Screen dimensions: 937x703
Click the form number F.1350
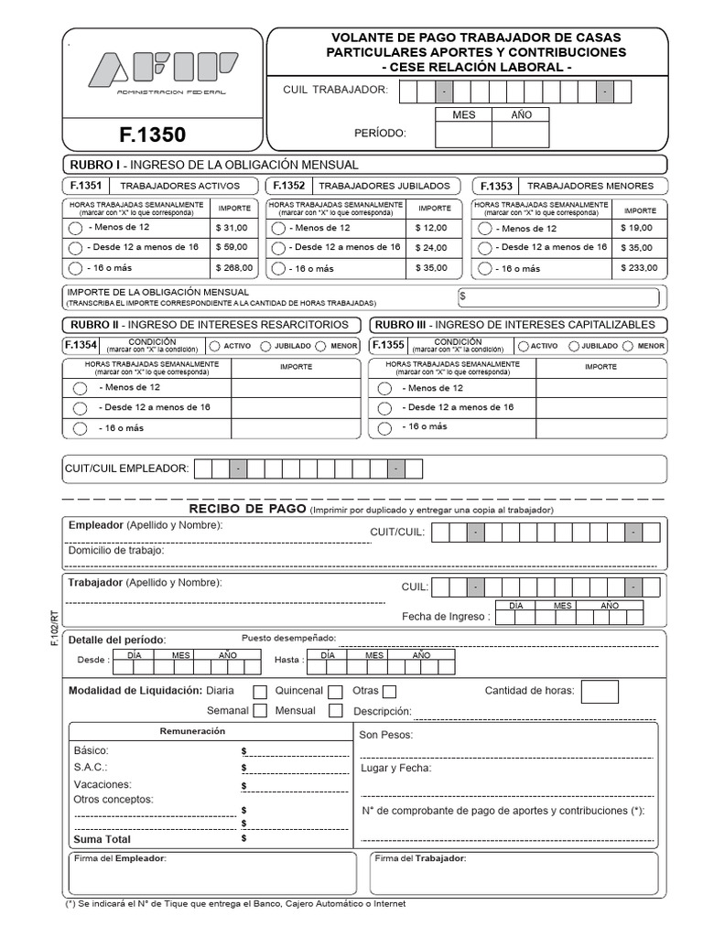(152, 135)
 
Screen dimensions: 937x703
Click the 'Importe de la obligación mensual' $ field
(557, 296)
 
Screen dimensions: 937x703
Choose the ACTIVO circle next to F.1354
(215, 346)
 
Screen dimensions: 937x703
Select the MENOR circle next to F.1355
(628, 346)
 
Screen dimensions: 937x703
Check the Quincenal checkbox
(335, 692)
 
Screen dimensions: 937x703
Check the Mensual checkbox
(335, 711)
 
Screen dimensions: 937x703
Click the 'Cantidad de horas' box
(599, 693)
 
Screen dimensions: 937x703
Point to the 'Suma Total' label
(103, 839)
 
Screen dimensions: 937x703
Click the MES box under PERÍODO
(463, 135)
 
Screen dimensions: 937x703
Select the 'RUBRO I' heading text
(94, 165)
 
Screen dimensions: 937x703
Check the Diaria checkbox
(260, 692)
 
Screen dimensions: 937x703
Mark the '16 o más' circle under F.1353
(483, 269)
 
